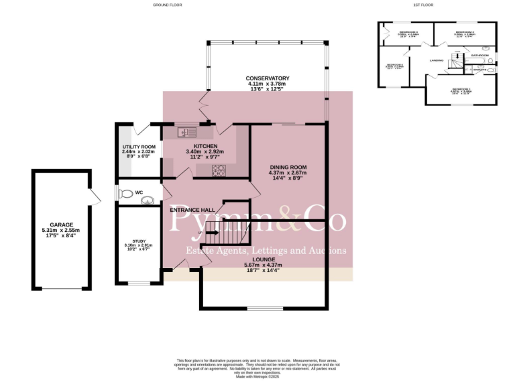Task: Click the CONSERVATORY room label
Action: click(267, 78)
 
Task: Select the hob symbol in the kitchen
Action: click(218, 170)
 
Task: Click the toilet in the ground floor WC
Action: click(124, 194)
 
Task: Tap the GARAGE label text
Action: click(61, 225)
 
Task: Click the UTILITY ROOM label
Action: click(139, 147)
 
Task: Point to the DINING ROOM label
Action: click(288, 167)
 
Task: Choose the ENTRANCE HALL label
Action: click(192, 210)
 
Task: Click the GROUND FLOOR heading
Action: click(167, 5)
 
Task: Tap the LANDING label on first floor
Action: click(439, 60)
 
